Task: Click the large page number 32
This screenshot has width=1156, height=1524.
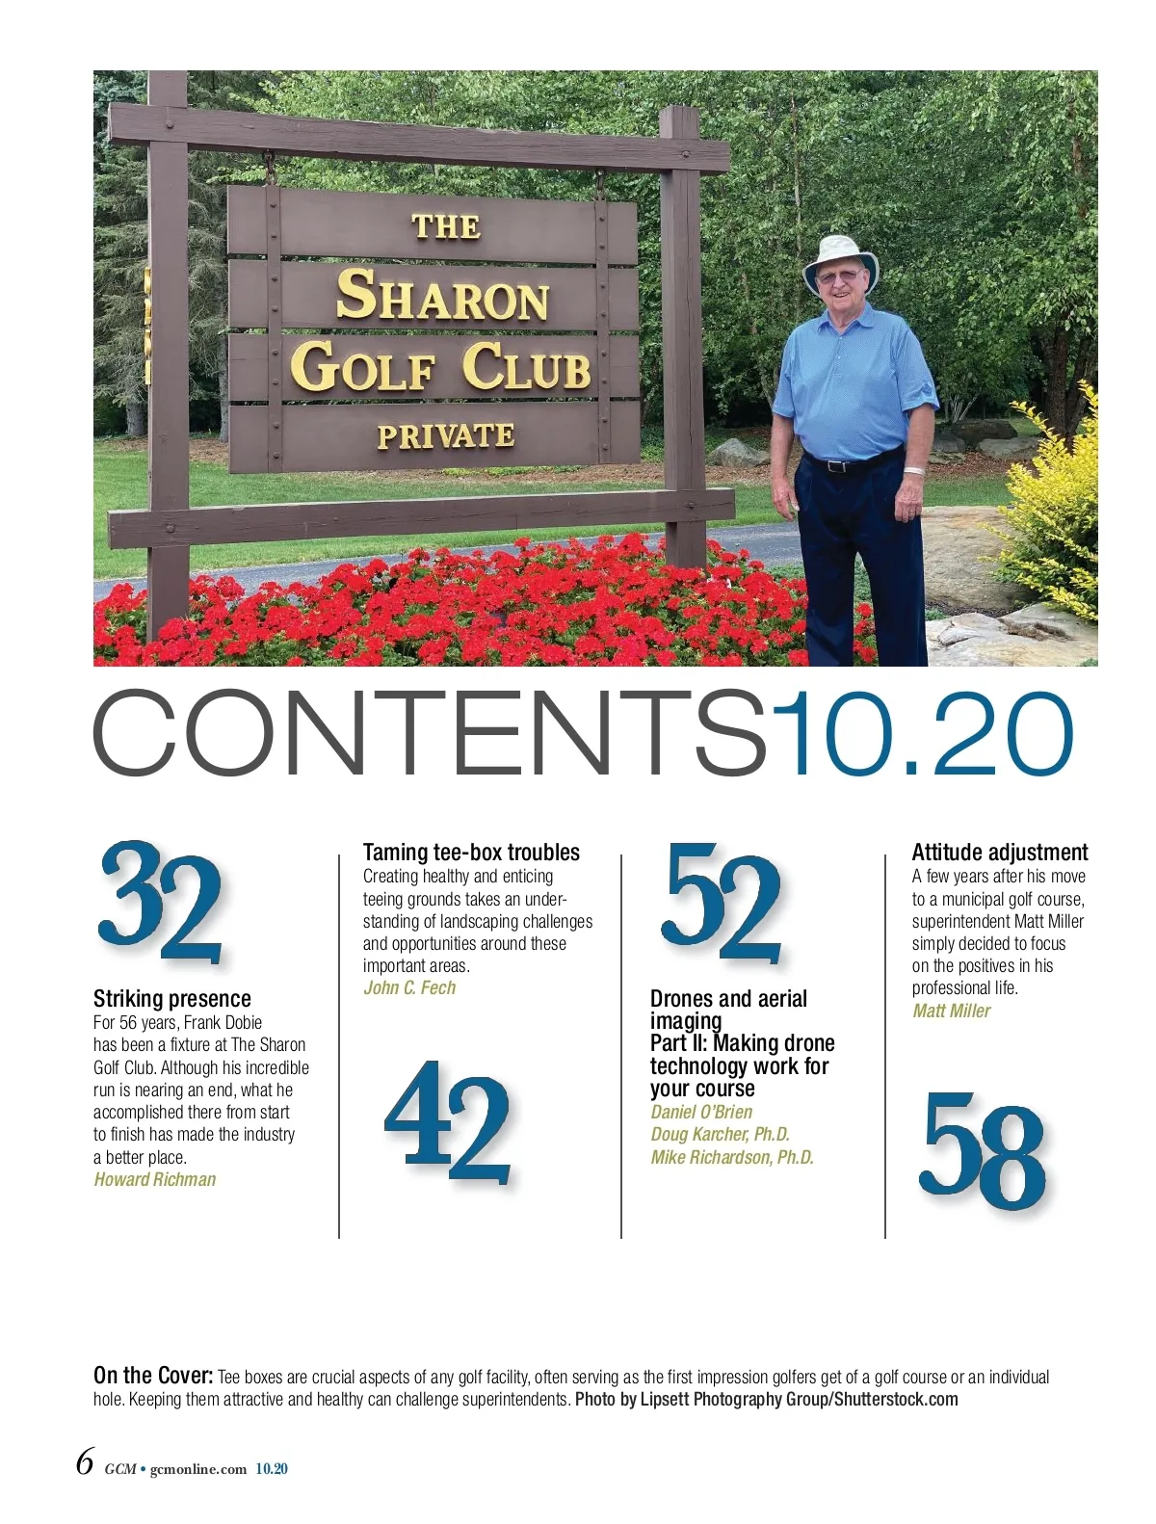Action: (x=161, y=904)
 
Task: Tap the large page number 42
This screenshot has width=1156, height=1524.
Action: (x=447, y=1122)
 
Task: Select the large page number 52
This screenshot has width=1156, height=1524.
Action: (x=722, y=904)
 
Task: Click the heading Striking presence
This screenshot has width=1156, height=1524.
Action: (x=171, y=999)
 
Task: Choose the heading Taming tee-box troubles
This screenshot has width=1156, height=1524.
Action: (x=471, y=853)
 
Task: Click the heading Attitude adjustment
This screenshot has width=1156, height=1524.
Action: (x=999, y=853)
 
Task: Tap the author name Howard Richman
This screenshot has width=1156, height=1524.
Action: (x=155, y=1180)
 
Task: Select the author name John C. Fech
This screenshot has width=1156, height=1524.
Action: (x=409, y=988)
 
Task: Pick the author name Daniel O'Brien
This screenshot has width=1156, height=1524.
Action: (x=701, y=1112)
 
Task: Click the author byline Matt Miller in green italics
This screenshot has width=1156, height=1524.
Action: (x=951, y=1012)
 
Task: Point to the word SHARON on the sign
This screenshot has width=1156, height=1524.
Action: (x=442, y=298)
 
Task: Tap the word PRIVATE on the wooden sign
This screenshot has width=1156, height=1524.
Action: (x=445, y=436)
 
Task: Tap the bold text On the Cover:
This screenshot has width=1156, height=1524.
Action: (x=153, y=1376)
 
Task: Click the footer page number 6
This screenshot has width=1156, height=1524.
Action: (x=85, y=1462)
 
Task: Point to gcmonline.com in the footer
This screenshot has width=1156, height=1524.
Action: (x=198, y=1470)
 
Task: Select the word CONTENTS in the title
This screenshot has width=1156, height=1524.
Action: (x=429, y=734)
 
